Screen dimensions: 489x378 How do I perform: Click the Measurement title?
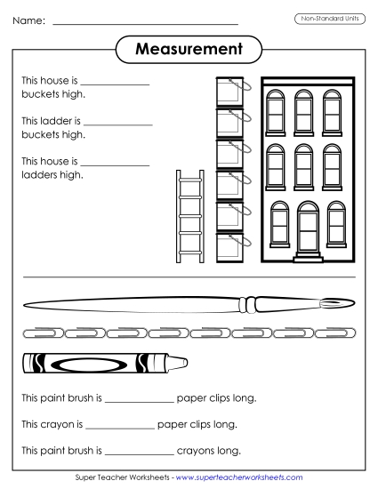189,50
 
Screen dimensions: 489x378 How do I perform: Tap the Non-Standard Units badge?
328,19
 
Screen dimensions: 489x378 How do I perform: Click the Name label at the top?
28,20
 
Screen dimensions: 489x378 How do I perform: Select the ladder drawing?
189,215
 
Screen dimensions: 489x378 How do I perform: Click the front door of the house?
307,229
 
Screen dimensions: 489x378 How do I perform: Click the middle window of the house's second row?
304,164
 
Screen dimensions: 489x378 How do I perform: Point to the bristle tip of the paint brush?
334,306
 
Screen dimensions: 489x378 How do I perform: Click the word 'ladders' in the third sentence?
38,174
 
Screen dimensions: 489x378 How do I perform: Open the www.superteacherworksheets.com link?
238,478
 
